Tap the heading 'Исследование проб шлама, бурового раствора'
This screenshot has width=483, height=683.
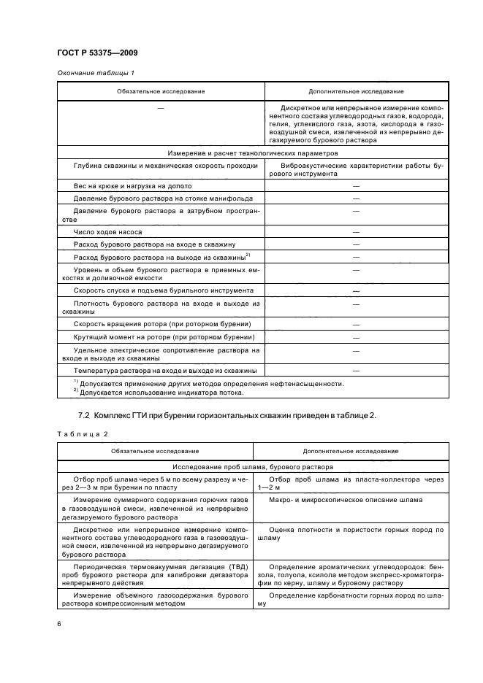coord(253,466)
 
